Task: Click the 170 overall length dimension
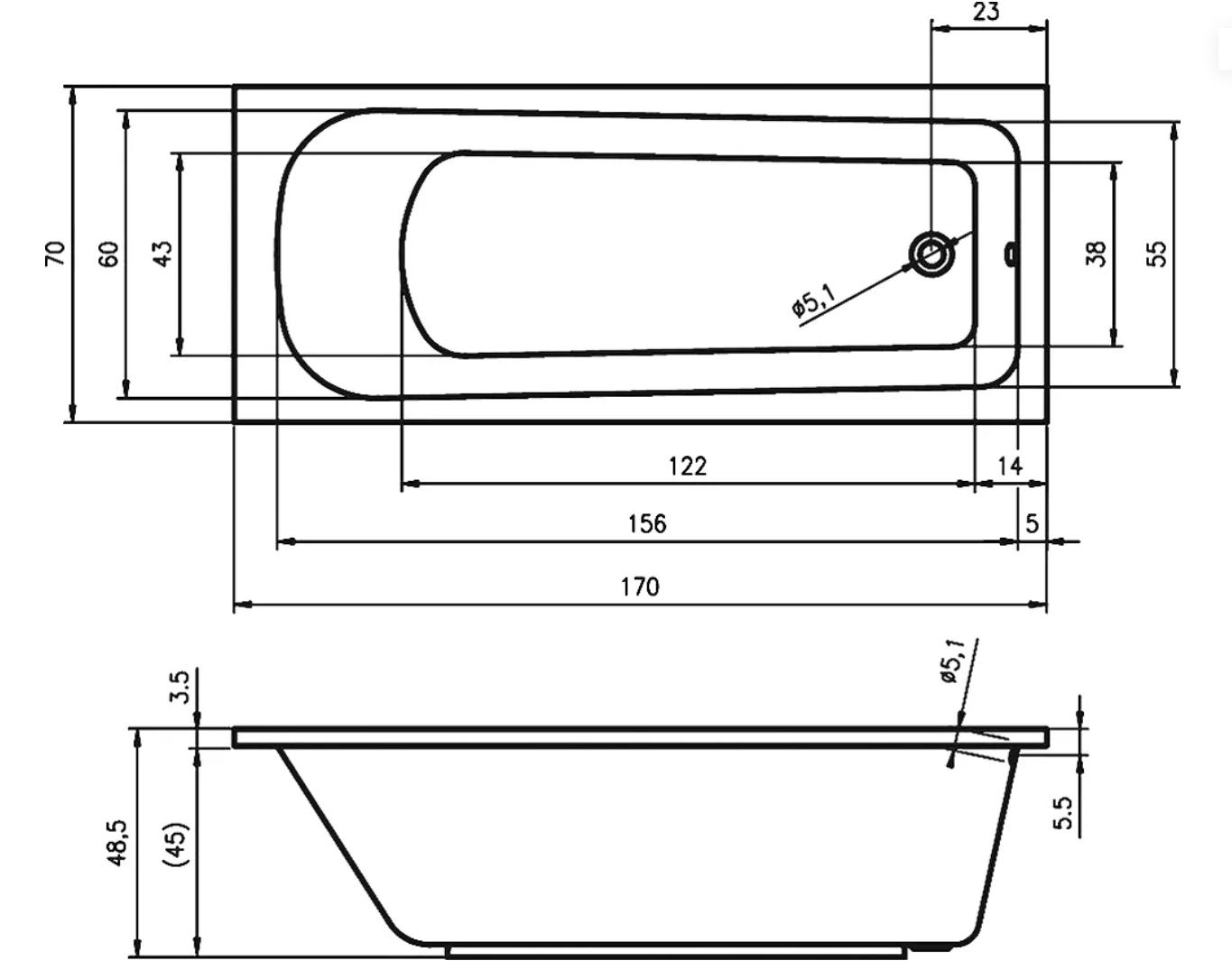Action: point(640,587)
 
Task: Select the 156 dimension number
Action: point(647,523)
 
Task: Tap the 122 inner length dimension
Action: point(688,467)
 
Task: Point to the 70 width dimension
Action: point(55,254)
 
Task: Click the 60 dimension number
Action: point(109,254)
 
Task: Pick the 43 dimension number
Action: point(163,254)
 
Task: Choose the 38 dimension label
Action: point(1095,254)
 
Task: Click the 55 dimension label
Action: point(1156,254)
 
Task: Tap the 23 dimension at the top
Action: point(987,11)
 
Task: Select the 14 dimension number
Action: point(1010,467)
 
